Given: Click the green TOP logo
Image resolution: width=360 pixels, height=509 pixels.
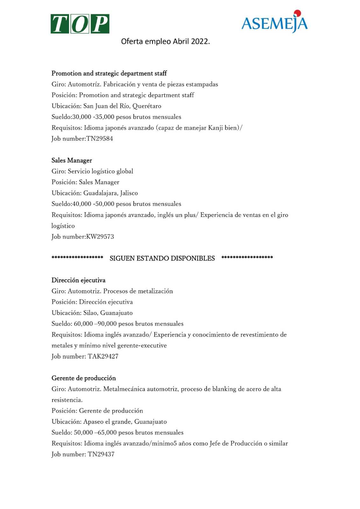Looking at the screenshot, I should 80,24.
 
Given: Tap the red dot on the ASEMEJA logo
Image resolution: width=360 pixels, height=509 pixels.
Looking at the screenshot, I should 297,13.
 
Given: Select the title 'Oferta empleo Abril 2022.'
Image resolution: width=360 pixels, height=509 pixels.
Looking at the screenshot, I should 165,41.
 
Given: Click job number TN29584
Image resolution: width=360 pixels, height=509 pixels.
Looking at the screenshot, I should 100,139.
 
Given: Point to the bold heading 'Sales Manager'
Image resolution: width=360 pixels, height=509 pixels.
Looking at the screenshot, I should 72,160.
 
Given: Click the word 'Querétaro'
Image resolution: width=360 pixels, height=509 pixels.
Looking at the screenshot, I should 147,106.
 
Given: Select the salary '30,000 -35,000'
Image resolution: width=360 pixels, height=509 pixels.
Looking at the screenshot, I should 93,117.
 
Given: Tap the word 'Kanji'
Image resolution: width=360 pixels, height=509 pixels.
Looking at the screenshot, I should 216,128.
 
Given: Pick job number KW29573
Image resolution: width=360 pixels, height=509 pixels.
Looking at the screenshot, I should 100,237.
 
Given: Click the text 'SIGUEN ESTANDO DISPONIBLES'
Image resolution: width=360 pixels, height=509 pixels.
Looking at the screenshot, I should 162,258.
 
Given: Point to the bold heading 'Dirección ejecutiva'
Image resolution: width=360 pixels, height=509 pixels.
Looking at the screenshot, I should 78,280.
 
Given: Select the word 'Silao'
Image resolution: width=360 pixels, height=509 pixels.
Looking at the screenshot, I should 90,313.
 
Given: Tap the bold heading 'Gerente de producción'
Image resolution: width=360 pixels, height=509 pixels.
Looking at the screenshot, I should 83,378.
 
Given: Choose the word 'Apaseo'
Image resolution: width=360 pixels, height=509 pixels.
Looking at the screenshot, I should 93,422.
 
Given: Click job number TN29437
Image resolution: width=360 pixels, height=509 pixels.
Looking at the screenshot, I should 101,454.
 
